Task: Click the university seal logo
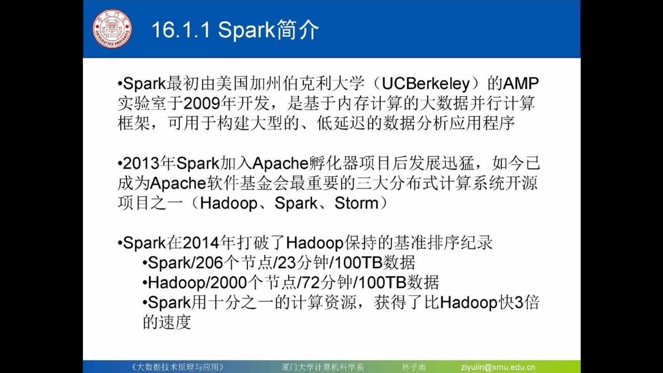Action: coord(112,28)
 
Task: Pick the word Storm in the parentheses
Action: coord(357,203)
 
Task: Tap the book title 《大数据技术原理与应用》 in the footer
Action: coord(178,367)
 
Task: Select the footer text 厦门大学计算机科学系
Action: coord(319,367)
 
